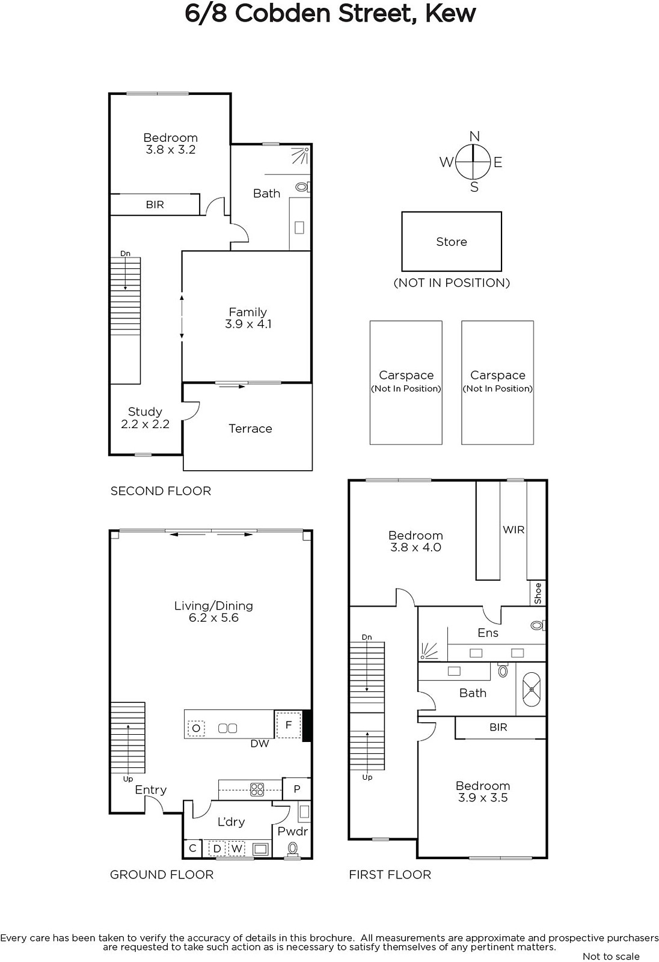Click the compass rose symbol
click(473, 162)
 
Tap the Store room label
click(452, 242)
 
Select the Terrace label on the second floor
click(250, 429)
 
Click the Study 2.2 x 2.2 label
click(145, 418)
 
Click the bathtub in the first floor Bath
click(532, 689)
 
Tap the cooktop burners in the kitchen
click(257, 789)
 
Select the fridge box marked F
click(289, 725)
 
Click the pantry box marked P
click(297, 788)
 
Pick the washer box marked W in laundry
click(237, 848)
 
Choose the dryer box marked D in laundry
click(218, 848)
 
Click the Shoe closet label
click(538, 593)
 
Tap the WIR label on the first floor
click(514, 530)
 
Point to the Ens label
click(488, 633)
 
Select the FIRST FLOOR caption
click(390, 875)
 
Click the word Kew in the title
click(450, 13)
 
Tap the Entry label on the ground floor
click(151, 790)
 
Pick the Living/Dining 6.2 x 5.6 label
click(213, 611)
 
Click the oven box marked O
click(196, 728)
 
